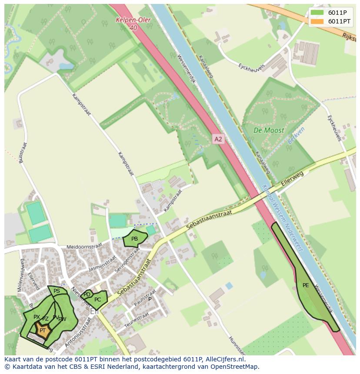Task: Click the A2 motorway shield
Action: (x=218, y=139)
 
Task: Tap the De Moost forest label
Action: (x=269, y=130)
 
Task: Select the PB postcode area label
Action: (x=134, y=239)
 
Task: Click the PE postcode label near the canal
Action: (x=306, y=285)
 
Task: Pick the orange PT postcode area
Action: (x=43, y=331)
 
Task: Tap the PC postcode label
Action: (x=97, y=300)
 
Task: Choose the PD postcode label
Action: (x=87, y=295)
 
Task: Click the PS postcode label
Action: (x=57, y=291)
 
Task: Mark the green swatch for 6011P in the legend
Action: (x=317, y=13)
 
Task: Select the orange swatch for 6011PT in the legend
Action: (x=317, y=21)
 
